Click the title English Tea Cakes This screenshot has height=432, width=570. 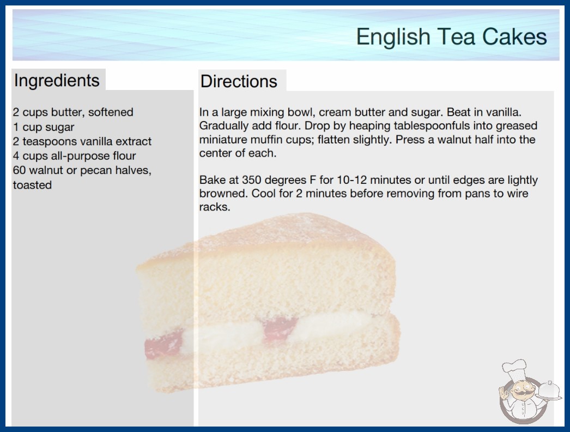tap(451, 37)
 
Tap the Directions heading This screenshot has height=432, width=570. tap(239, 81)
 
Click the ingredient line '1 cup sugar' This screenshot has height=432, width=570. tap(44, 127)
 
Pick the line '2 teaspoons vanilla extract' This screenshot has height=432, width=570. tap(82, 141)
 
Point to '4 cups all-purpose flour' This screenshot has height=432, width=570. tap(75, 156)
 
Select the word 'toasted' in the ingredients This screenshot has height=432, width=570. tap(32, 185)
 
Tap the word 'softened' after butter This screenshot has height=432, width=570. tap(111, 112)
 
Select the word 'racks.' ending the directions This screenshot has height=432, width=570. tap(215, 207)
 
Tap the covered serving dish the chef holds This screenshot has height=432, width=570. tap(549, 391)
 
